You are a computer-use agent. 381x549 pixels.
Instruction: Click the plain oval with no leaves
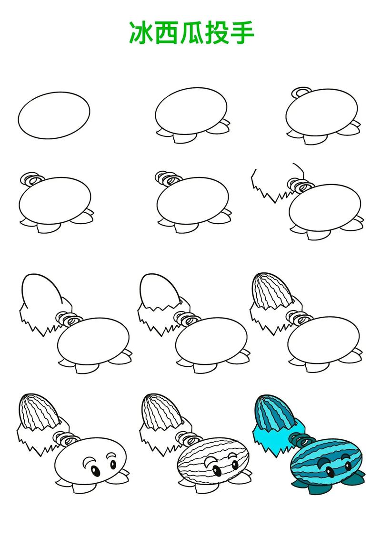[54, 115]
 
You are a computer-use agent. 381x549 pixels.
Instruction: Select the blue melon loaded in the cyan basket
[274, 413]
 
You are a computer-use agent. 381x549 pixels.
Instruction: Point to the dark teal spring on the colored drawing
[301, 441]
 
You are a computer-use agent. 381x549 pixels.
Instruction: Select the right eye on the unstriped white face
[113, 465]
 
